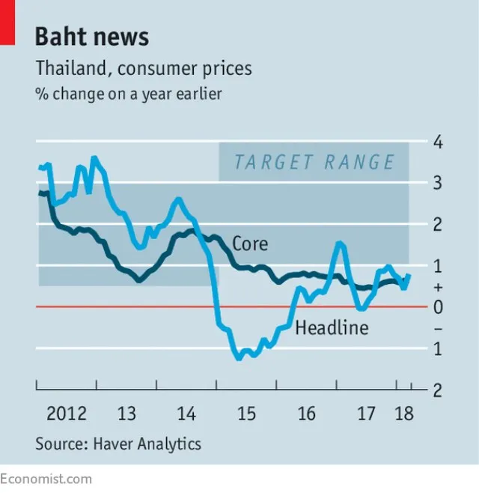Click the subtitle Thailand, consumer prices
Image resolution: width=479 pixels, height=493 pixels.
[144, 69]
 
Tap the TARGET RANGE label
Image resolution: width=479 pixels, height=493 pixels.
[314, 162]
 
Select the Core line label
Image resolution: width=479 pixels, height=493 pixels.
[250, 244]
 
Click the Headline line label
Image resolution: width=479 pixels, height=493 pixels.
[332, 327]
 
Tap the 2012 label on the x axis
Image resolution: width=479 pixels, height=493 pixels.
[66, 414]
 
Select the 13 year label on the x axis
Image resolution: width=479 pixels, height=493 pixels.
[126, 414]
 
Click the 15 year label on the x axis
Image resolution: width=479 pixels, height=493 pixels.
[246, 414]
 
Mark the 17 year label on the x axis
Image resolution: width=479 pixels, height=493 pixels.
[366, 414]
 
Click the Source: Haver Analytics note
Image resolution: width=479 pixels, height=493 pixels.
[118, 444]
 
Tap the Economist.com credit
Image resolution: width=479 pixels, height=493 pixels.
[46, 479]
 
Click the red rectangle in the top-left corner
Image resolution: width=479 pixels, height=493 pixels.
[7, 22]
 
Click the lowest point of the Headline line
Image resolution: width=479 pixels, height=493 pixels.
[239, 359]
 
